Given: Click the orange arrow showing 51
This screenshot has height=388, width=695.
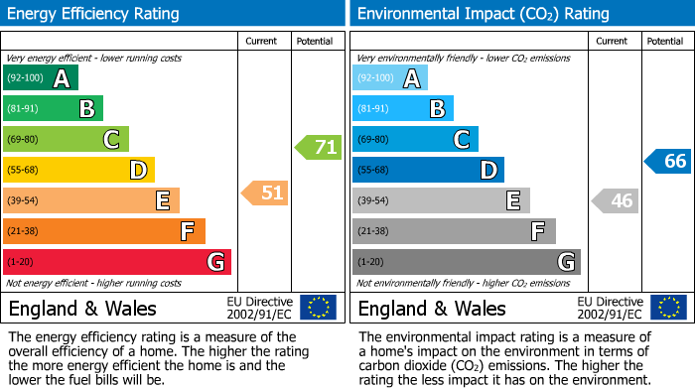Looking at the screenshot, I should (x=265, y=193).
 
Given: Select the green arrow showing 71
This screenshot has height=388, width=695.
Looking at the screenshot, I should (x=318, y=147).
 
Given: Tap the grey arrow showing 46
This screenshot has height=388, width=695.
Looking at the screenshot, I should (x=615, y=200).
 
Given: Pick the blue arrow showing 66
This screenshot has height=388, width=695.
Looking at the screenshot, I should (x=667, y=161).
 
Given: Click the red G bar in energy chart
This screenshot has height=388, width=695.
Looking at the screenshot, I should (x=116, y=262).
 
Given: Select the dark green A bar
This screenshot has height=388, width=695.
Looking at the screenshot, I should (x=40, y=78).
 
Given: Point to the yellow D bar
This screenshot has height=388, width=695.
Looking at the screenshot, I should (x=78, y=170).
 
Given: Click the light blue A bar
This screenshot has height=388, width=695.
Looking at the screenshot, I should (x=390, y=78).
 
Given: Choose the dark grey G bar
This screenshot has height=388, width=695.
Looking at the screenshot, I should (x=466, y=262).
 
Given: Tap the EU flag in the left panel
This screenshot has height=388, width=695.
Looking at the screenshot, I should (x=319, y=308).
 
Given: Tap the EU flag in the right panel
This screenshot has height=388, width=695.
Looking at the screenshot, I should (x=668, y=308).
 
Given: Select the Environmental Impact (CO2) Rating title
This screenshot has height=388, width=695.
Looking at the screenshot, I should (x=483, y=14).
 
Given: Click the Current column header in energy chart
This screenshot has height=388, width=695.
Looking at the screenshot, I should (x=261, y=41).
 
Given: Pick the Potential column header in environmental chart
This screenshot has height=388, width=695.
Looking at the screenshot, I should (x=664, y=41).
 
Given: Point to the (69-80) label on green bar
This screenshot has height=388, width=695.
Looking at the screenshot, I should (x=25, y=139).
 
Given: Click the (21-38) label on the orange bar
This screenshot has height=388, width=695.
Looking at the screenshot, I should (x=25, y=231).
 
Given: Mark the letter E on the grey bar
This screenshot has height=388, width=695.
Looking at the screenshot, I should (x=513, y=200).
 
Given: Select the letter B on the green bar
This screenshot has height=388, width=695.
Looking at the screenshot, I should (x=86, y=109).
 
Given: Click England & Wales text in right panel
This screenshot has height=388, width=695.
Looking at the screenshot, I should (x=432, y=308).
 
